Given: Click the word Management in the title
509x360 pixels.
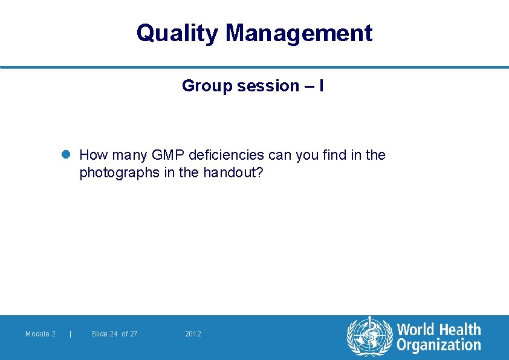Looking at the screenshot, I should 299,33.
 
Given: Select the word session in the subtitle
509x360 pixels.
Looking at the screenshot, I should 268,87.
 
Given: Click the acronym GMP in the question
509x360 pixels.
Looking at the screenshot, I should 184,155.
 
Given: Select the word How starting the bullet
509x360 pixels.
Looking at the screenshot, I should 94,155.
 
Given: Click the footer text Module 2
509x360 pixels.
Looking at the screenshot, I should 41,334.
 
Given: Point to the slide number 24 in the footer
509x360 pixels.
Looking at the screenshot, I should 114,334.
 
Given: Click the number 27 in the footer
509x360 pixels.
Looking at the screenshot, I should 134,334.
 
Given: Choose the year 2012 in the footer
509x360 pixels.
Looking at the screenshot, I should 193,334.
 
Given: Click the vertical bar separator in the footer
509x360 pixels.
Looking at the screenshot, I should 71,334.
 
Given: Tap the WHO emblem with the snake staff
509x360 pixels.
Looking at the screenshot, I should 369,336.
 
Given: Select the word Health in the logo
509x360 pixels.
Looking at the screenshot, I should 459,330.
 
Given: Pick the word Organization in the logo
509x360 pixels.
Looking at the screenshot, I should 438,345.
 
